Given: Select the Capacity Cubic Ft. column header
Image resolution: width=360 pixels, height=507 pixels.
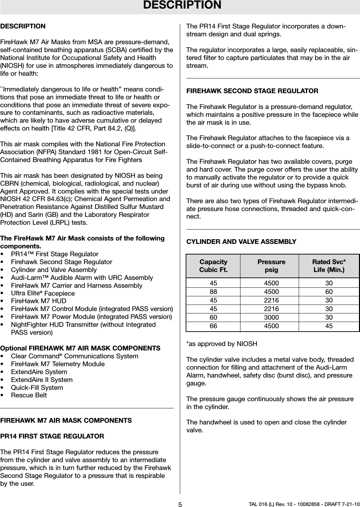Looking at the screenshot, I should tap(213, 266).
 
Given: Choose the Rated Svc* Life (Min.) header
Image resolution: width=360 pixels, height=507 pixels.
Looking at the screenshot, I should tap(329, 266).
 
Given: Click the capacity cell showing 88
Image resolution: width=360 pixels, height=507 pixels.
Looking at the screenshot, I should tap(213, 292).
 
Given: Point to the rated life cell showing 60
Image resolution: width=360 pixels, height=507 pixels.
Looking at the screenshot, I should tap(329, 292).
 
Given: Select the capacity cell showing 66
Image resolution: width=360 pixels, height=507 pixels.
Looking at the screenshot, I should tap(213, 326).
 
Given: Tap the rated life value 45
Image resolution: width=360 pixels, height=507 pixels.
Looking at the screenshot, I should tap(329, 326).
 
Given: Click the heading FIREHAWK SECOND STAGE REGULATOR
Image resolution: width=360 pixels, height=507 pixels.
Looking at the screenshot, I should tap(252, 91).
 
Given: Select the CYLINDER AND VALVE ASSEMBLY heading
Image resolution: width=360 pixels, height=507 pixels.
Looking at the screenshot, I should tap(241, 242).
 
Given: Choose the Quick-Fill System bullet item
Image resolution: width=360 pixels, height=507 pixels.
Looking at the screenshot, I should tap(37, 387).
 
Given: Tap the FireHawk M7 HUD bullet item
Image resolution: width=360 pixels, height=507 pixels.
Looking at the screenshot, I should tap(39, 301).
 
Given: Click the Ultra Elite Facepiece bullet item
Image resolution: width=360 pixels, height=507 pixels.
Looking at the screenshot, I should tap(43, 293).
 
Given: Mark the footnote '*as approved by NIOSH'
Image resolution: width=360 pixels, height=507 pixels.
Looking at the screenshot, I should tap(222, 344).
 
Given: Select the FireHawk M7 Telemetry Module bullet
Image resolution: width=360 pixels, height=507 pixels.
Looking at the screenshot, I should tap(58, 364).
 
